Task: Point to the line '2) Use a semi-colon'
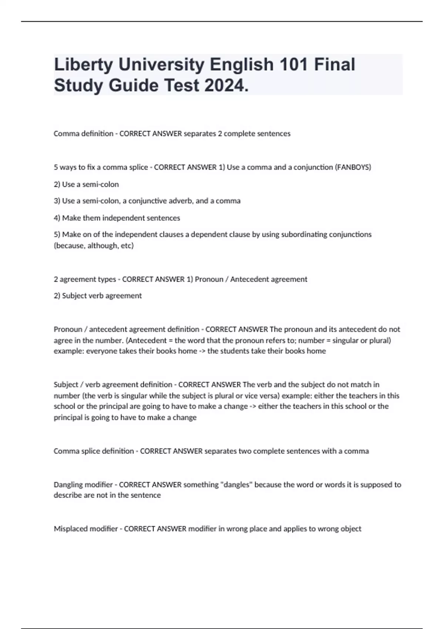(x=86, y=184)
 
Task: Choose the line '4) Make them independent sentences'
(x=117, y=218)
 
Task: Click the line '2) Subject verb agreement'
(x=98, y=296)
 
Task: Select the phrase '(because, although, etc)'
(x=94, y=246)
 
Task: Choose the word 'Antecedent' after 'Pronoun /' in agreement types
(x=248, y=279)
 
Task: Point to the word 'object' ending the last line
(x=351, y=529)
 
